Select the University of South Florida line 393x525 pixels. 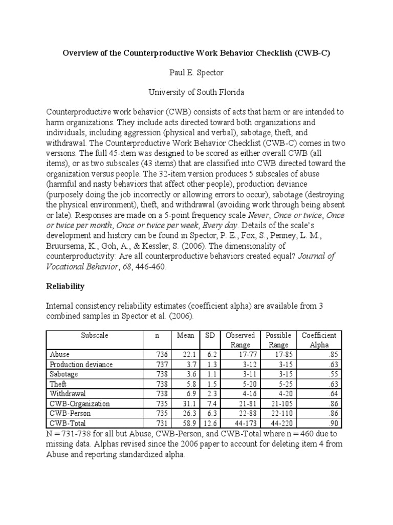point(196,92)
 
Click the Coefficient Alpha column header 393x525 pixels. point(318,340)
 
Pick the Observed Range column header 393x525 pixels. point(240,340)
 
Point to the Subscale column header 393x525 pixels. point(94,335)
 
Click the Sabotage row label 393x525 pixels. point(65,374)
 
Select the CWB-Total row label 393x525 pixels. point(68,423)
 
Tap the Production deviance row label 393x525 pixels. point(81,365)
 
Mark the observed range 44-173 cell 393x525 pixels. point(246,423)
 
